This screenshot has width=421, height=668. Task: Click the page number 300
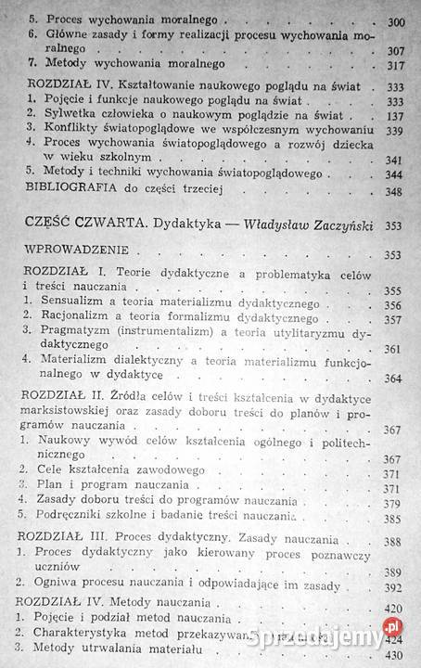[x=400, y=19]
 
